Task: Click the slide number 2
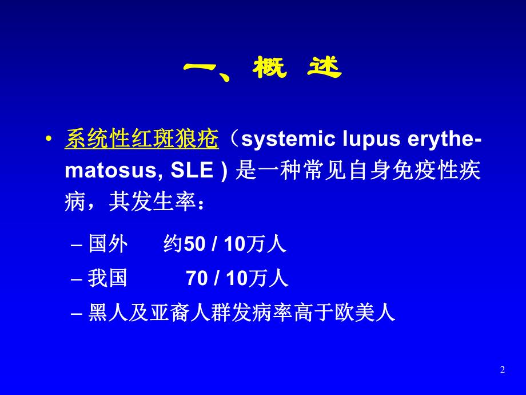click(x=502, y=370)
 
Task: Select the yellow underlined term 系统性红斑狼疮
click(x=142, y=139)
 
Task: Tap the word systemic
click(x=288, y=139)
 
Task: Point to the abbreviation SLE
click(x=192, y=170)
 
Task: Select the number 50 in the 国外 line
click(x=194, y=244)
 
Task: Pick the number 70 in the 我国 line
click(x=197, y=278)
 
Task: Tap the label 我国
click(x=107, y=278)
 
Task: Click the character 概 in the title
click(x=270, y=68)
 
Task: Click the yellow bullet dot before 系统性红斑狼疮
click(x=49, y=139)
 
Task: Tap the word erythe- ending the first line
click(x=444, y=139)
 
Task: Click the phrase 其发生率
click(x=152, y=202)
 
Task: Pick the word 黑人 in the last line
click(x=107, y=313)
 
